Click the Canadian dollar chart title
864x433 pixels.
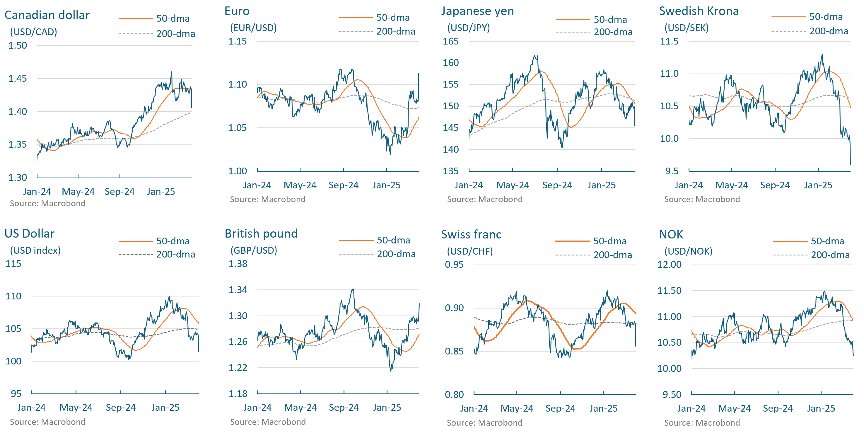point(47,15)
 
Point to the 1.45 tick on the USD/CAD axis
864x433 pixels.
point(18,79)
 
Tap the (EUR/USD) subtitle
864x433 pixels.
point(253,28)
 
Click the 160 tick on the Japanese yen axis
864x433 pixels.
point(450,63)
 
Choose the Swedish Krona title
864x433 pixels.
point(699,11)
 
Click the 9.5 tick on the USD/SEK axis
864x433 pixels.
point(672,171)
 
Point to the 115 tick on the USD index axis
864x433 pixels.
point(13,264)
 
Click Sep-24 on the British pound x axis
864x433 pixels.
point(344,408)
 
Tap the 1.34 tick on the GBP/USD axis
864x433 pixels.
point(238,290)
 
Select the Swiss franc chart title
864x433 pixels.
point(471,234)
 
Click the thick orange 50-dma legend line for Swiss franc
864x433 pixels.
point(572,241)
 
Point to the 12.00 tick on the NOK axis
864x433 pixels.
point(669,265)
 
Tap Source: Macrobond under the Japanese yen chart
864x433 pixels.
point(485,199)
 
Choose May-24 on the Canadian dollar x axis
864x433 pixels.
point(78,192)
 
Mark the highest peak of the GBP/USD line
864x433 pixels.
point(353,289)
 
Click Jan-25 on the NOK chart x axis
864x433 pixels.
point(821,408)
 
